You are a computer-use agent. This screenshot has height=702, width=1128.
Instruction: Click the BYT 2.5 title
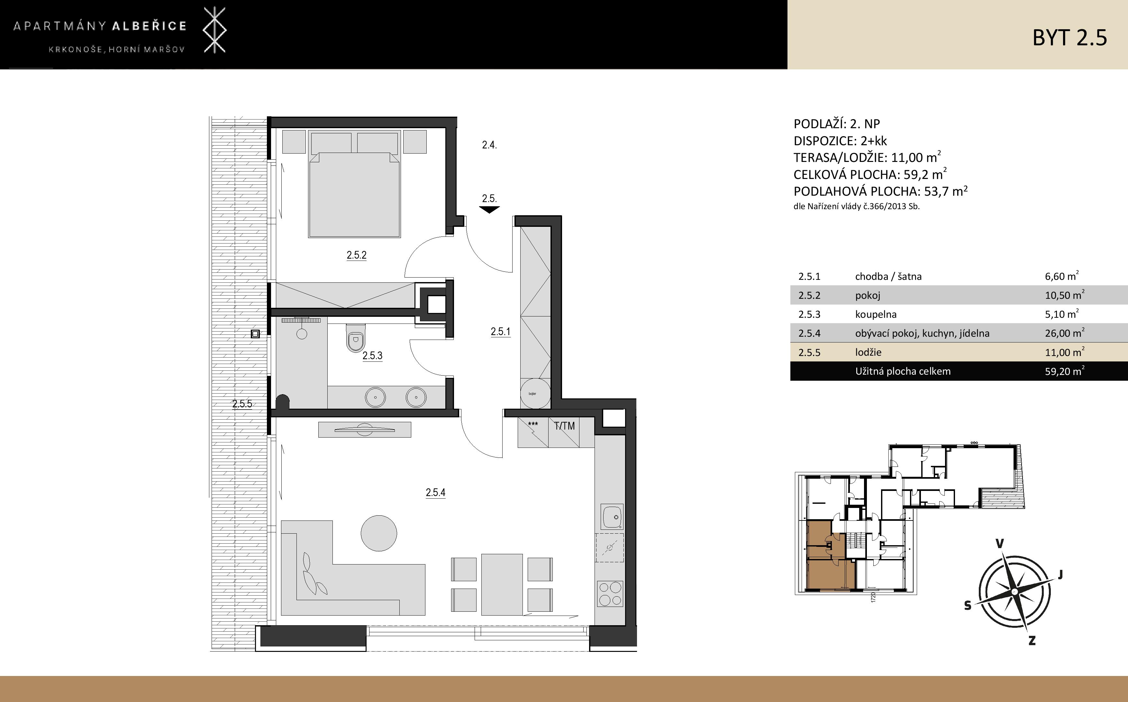(x=1069, y=38)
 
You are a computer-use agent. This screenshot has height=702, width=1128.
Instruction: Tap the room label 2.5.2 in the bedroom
(x=356, y=255)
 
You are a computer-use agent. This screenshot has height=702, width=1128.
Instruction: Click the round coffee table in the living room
(x=379, y=533)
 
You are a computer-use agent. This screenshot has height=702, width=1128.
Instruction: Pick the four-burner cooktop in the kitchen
(x=610, y=593)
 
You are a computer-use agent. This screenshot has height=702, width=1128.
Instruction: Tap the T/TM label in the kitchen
(x=564, y=426)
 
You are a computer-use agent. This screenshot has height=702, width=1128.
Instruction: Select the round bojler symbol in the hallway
(x=535, y=393)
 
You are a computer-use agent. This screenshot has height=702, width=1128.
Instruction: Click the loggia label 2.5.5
(x=242, y=404)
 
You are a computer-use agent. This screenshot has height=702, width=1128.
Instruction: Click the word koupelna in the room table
(x=876, y=314)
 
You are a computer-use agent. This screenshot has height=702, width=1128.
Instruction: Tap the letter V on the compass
(x=1000, y=544)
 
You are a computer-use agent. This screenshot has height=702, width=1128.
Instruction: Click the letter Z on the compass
(x=1032, y=641)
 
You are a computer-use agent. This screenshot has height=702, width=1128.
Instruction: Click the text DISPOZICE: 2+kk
(x=840, y=141)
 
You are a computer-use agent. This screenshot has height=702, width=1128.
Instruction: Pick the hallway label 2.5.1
(x=500, y=332)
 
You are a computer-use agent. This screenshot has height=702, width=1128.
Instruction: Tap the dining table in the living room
(x=502, y=584)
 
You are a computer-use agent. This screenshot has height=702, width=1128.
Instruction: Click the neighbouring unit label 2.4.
(x=489, y=145)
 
